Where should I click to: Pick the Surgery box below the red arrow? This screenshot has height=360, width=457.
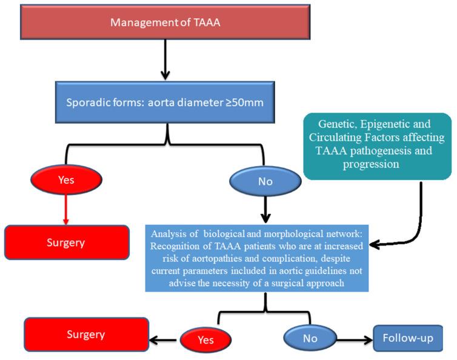(67, 243)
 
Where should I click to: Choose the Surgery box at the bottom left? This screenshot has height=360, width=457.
(87, 334)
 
